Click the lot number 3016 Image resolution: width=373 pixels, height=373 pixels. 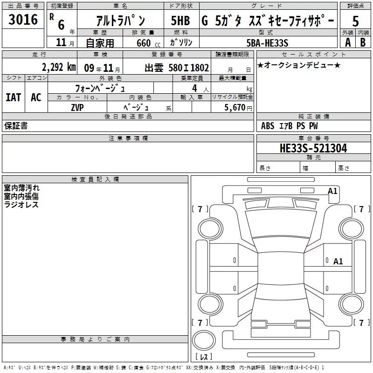coord(23,20)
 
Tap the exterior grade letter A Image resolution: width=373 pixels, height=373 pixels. coord(347,42)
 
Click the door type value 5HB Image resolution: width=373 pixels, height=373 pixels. coord(180,21)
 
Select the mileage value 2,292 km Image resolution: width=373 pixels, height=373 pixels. coord(58,67)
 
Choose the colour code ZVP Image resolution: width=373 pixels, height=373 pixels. coord(77,107)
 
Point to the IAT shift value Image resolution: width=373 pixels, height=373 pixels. coord(13,97)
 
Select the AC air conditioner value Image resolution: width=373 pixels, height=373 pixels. coord(36,97)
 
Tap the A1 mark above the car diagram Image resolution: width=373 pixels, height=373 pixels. coord(332,191)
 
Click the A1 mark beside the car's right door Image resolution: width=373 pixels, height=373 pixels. coord(338,261)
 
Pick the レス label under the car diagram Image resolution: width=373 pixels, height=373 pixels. coord(204,357)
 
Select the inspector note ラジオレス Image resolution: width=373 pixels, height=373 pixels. coord(21,205)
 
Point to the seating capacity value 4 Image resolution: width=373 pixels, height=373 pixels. coord(194,88)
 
